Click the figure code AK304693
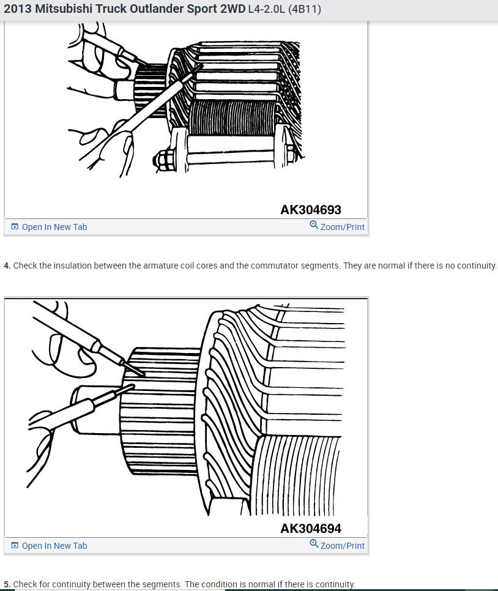310,210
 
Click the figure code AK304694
310,529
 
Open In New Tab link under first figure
54,227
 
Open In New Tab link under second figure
54,546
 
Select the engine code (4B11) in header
305,10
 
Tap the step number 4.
7,266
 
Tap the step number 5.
7,584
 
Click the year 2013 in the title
17,10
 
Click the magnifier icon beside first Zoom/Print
314,225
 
